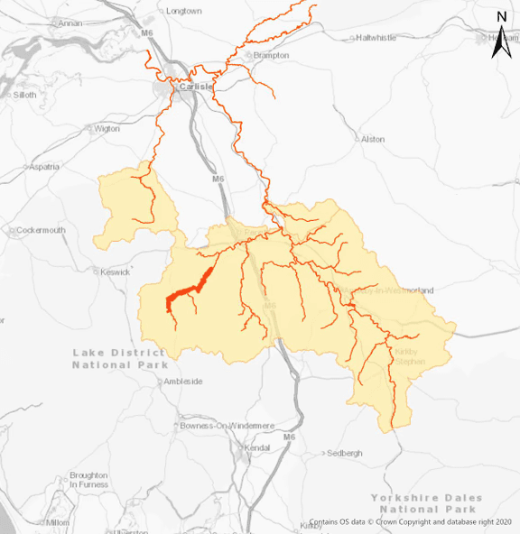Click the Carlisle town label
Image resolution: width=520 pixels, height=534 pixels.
point(196,87)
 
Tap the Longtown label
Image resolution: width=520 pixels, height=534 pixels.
point(184,11)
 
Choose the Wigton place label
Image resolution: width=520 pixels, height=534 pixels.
point(107,128)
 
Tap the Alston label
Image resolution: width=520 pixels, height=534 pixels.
point(372,140)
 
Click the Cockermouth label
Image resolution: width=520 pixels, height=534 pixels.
point(41,230)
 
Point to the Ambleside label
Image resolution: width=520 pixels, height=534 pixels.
point(183,382)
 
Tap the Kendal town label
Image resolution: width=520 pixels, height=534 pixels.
point(257,447)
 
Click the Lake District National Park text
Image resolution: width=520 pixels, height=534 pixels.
point(119,359)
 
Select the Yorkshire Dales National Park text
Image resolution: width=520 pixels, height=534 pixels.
point(426,503)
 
